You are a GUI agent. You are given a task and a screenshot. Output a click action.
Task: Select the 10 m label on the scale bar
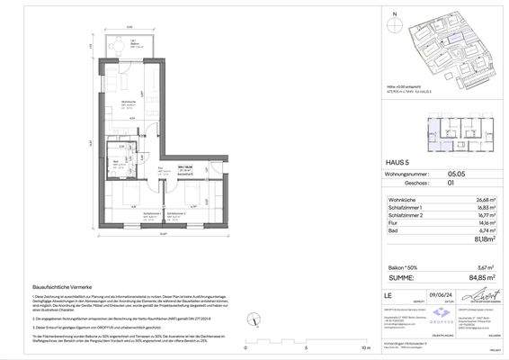[363, 346]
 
